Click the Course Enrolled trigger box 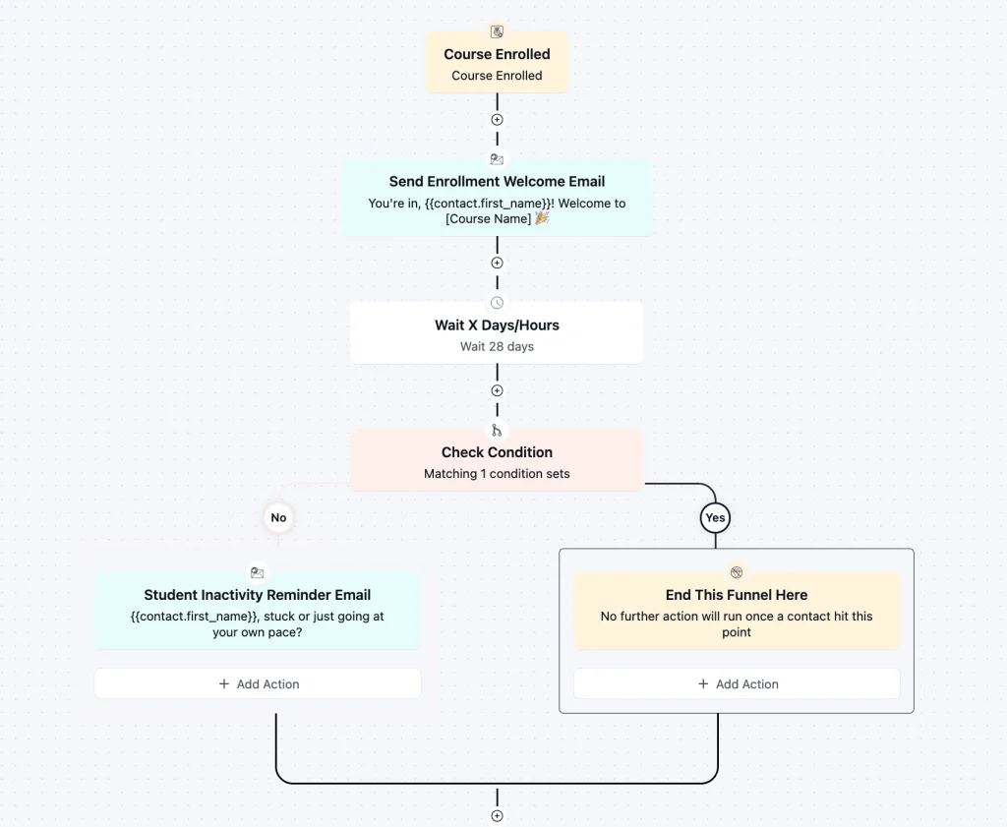click(497, 63)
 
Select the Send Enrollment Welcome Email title click(497, 182)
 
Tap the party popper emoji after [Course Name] click(542, 218)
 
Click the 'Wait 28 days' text click(497, 347)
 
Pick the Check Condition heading click(497, 452)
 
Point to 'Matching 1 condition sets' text click(497, 474)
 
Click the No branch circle click(278, 517)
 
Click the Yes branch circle click(716, 517)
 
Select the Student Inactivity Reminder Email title click(258, 595)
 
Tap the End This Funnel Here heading click(737, 595)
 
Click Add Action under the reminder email click(258, 683)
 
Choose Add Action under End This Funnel click(737, 683)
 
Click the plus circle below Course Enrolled click(497, 119)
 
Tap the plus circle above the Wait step click(497, 263)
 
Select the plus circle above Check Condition click(497, 390)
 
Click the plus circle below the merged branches click(497, 816)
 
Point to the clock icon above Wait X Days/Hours click(497, 303)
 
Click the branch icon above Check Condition click(497, 430)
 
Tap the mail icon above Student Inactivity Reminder click(258, 572)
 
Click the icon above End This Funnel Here click(737, 572)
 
